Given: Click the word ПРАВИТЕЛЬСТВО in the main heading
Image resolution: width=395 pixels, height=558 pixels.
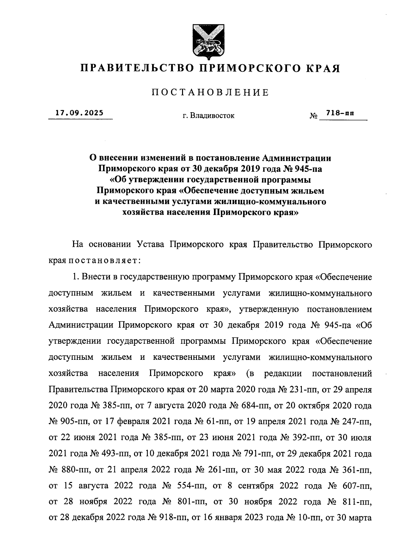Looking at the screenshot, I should coord(135,68).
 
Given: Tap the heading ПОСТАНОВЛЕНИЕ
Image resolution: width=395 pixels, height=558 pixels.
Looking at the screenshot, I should coord(210,93).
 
